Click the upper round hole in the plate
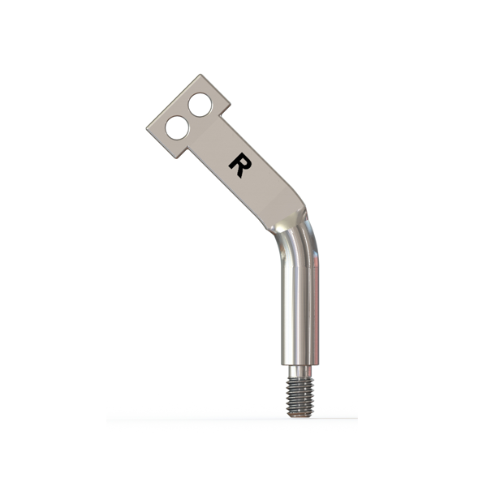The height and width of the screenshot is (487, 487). click(x=200, y=105)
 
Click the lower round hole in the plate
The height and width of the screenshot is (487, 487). click(x=177, y=127)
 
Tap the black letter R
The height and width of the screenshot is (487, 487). click(x=239, y=165)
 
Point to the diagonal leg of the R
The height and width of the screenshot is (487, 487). click(x=239, y=172)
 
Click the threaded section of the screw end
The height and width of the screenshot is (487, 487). click(x=300, y=396)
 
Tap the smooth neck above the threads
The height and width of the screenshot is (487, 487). click(x=300, y=371)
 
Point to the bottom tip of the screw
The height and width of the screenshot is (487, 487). click(x=300, y=416)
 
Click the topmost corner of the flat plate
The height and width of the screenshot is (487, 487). click(x=200, y=75)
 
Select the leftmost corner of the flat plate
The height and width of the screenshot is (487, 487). click(x=147, y=128)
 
